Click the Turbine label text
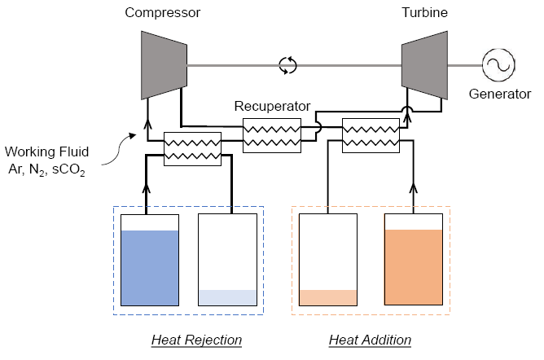423,13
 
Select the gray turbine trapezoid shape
423,63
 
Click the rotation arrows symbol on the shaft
287,65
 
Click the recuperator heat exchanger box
271,133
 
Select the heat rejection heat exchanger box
193,148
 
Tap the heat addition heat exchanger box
371,133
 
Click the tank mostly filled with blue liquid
149,260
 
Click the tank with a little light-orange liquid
327,260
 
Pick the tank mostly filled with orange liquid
414,260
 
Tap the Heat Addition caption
370,339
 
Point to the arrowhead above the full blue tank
148,189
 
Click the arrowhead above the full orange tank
414,189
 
